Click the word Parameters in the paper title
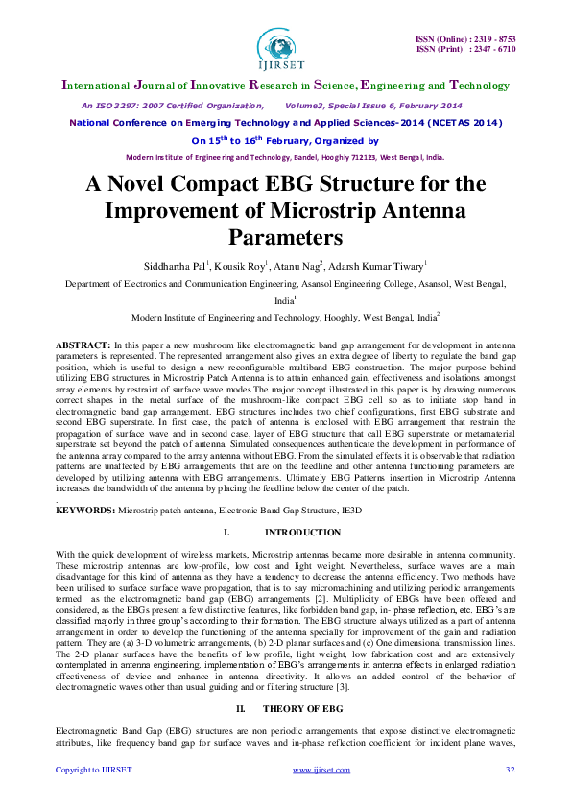point(285,236)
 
